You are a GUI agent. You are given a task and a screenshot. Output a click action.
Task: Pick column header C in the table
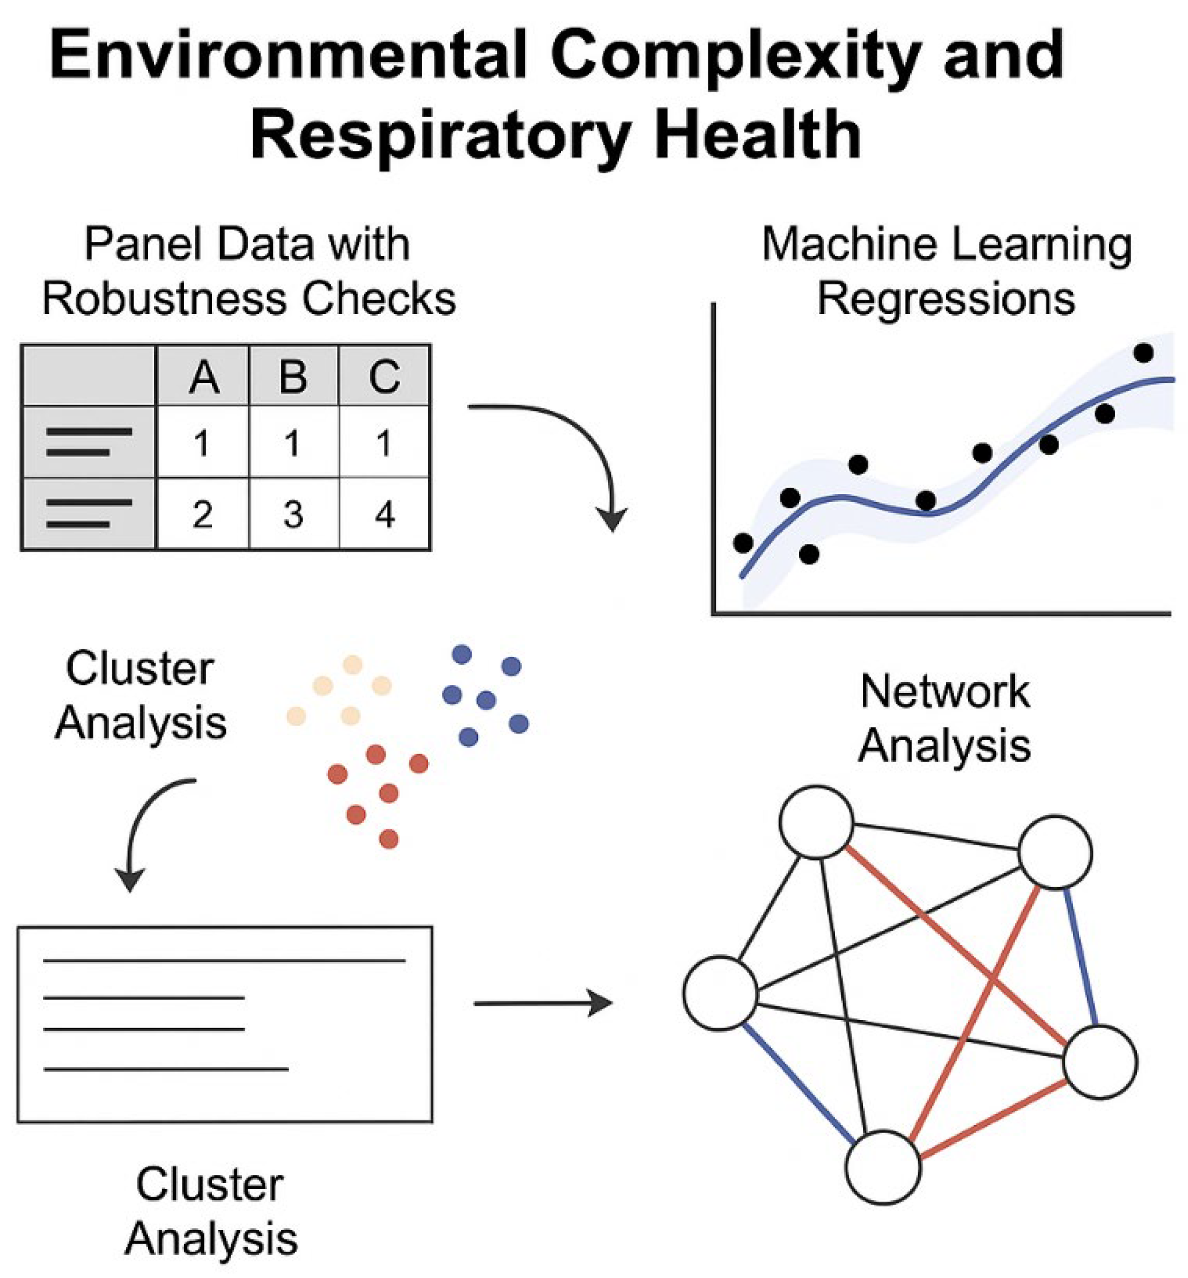385,377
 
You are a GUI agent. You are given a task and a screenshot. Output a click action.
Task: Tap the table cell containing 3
294,514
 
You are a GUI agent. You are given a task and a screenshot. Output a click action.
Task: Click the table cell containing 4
385,514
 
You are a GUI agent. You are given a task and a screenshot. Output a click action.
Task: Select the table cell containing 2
202,514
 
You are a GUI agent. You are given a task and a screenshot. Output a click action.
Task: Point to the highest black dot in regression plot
1143,353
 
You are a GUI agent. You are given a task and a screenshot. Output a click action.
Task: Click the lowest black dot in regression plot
809,554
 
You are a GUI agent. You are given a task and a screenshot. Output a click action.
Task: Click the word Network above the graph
945,692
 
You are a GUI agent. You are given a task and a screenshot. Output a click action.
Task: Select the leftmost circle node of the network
720,993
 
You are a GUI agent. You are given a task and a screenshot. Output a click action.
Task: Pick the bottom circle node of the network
883,1167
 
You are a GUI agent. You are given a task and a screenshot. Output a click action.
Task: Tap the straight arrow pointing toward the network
543,1003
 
